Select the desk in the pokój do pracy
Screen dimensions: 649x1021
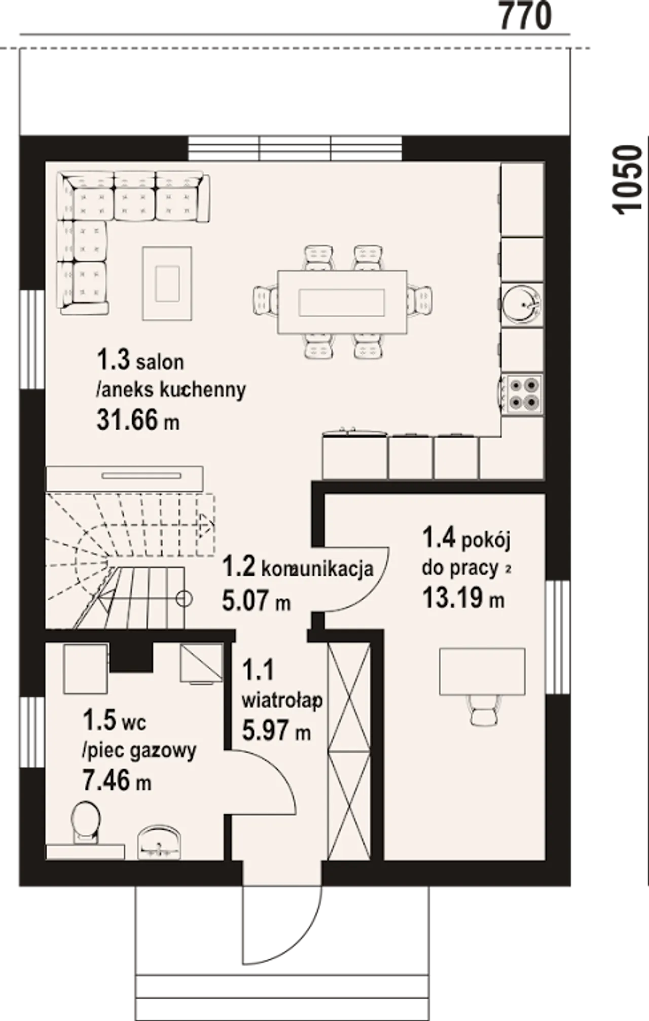(482, 672)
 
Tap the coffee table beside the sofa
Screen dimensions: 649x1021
(167, 283)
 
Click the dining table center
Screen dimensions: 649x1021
(342, 302)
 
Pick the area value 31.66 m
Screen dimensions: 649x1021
(138, 420)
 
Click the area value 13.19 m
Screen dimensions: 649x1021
(463, 598)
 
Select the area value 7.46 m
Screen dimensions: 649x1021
(117, 779)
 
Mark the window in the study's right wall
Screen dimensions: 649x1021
(557, 637)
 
